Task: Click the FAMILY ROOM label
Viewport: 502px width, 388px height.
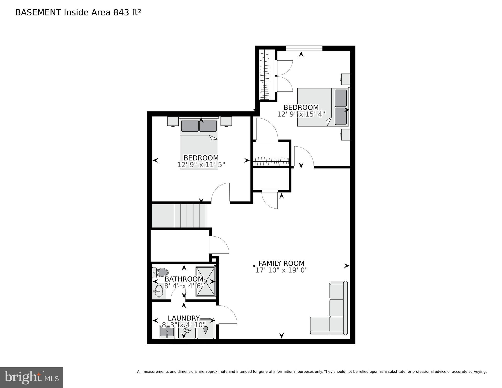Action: tap(281, 263)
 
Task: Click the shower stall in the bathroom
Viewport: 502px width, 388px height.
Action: tap(206, 281)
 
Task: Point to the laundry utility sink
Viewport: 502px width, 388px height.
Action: tap(166, 332)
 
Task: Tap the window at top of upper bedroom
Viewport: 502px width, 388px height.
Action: tap(304, 48)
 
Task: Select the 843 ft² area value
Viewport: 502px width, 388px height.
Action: tap(127, 12)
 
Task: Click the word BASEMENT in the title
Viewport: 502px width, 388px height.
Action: tap(38, 12)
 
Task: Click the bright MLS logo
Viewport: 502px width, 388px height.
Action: tap(31, 378)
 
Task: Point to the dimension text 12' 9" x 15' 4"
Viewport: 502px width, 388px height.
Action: tap(301, 114)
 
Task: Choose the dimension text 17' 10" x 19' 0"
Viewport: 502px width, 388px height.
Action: tap(281, 270)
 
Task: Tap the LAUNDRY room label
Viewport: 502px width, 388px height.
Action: tap(184, 318)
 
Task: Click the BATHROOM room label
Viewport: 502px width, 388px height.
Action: tap(184, 279)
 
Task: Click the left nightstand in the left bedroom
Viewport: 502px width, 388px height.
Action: tap(173, 121)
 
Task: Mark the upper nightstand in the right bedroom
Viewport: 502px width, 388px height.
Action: tap(345, 79)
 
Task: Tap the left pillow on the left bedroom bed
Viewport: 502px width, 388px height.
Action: tap(190, 126)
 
